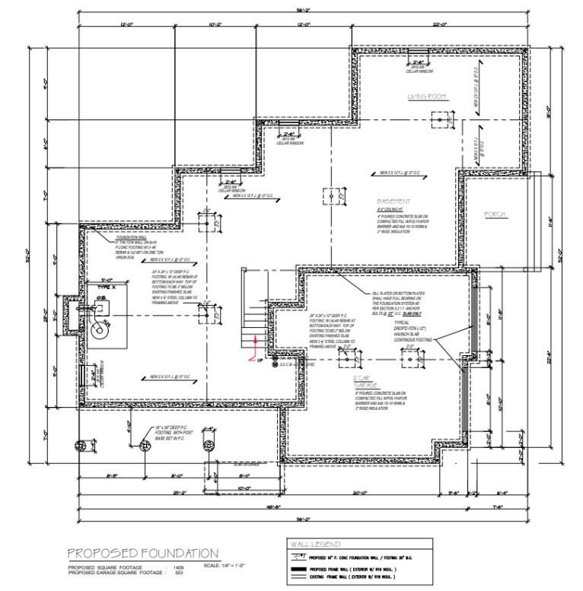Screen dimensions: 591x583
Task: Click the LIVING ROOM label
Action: click(x=425, y=97)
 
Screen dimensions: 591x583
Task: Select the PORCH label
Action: click(x=495, y=214)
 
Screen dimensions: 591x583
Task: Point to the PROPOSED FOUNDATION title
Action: click(x=143, y=553)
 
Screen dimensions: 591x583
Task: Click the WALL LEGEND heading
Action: click(x=315, y=545)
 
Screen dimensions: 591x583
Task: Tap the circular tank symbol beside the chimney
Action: click(x=97, y=332)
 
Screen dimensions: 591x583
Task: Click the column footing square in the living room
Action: click(x=440, y=119)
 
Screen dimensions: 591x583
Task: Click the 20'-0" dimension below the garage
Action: click(x=362, y=492)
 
